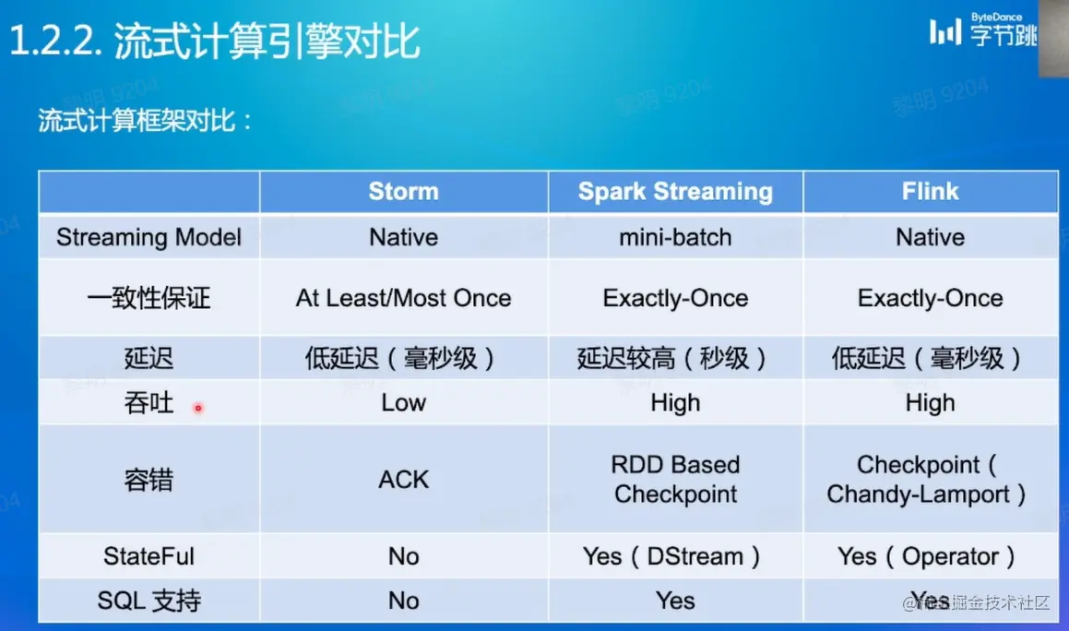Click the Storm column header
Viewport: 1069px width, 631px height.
404,192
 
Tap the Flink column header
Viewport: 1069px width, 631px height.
930,192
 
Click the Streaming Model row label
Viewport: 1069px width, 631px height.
148,237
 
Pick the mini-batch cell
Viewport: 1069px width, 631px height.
675,237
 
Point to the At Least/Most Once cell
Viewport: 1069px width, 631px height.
404,298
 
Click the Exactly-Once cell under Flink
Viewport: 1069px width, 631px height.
930,298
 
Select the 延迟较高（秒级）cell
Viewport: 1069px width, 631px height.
671,358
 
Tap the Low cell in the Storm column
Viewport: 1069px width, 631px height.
404,403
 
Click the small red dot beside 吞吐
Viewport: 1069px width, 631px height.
198,408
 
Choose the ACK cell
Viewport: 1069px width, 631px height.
404,480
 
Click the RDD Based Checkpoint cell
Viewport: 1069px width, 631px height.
675,479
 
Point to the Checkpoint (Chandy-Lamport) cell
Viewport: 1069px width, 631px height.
926,479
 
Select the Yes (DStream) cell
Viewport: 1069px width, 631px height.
671,556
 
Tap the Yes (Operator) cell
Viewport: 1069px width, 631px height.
927,556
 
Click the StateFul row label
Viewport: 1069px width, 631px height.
148,556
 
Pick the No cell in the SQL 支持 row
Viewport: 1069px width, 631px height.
404,601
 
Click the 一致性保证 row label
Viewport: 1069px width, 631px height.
148,298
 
